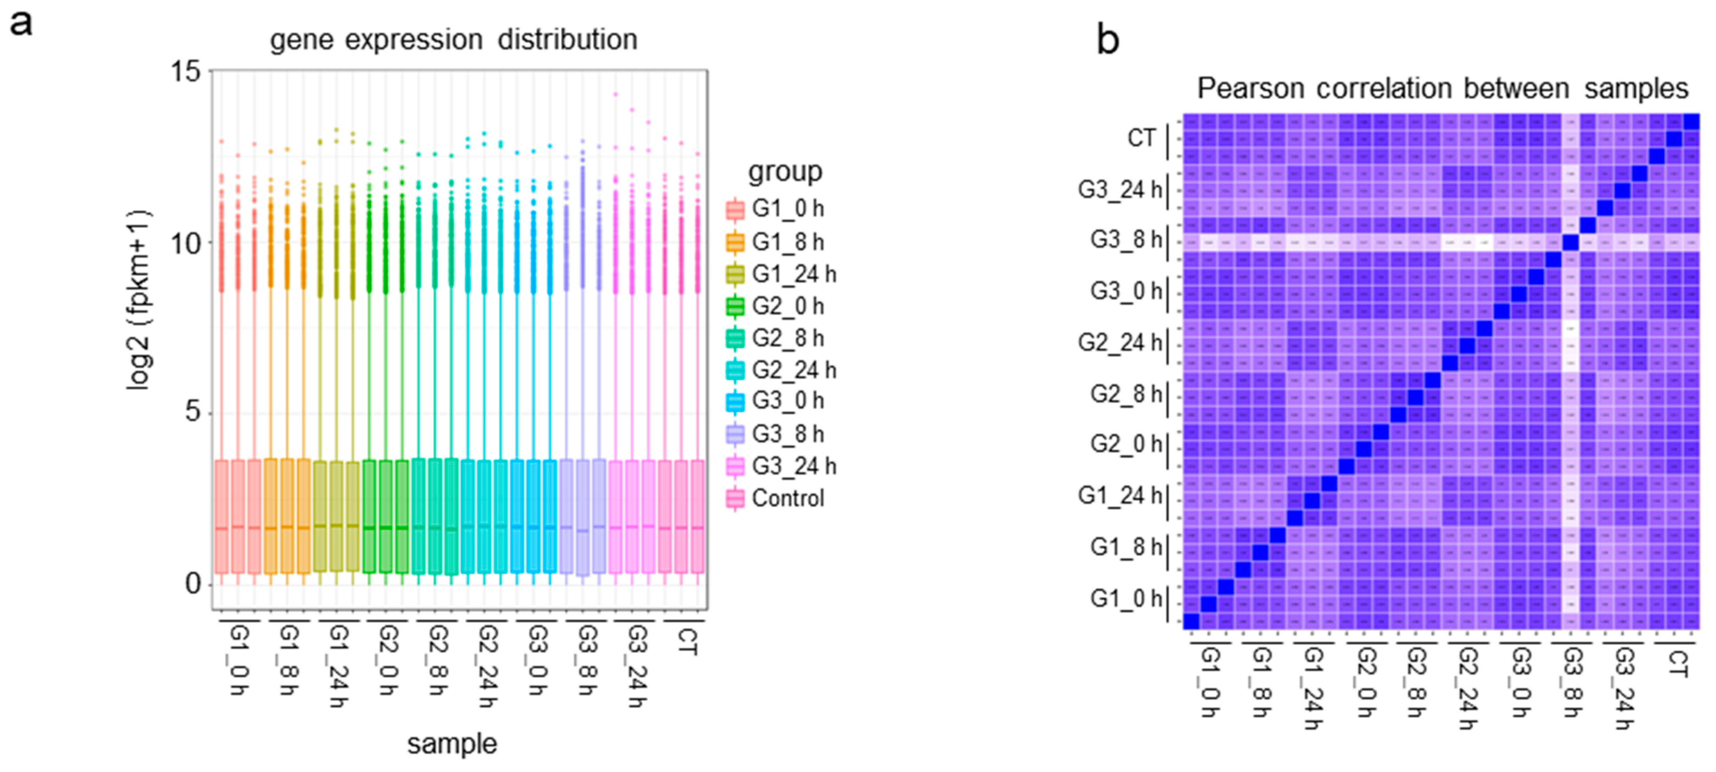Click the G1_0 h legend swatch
[x=735, y=209]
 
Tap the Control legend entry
[x=787, y=498]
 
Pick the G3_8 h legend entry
[x=787, y=434]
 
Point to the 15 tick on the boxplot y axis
[x=186, y=71]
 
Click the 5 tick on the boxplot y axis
[x=192, y=412]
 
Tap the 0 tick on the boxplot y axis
[x=192, y=584]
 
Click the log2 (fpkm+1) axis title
[x=139, y=300]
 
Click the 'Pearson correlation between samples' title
[x=1442, y=88]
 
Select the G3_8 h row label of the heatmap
[x=1125, y=240]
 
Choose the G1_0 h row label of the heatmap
[x=1125, y=599]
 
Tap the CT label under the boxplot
[x=687, y=641]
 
